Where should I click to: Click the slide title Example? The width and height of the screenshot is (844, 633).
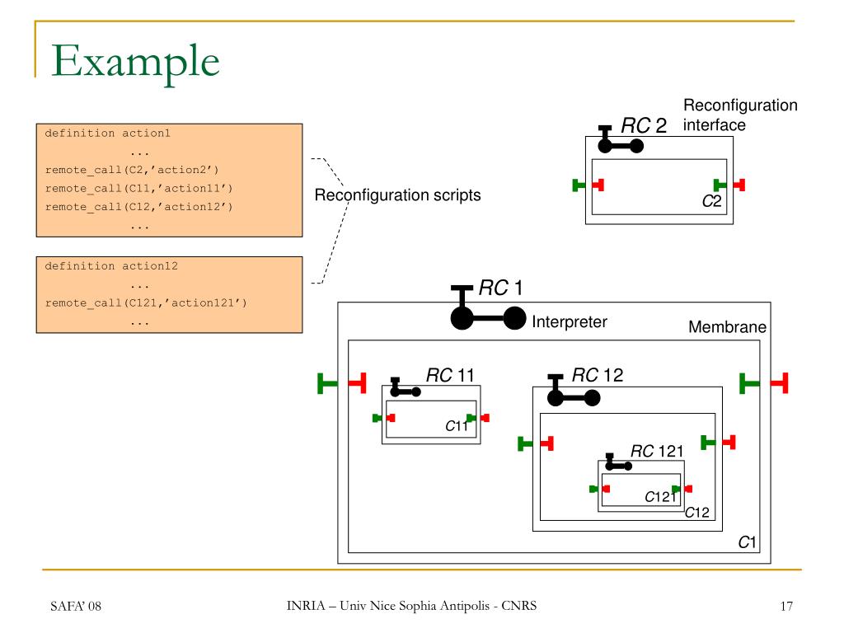pos(135,62)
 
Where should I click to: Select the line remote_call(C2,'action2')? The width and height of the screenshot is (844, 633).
pos(132,170)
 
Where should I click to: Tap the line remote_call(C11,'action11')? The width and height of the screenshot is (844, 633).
pos(138,189)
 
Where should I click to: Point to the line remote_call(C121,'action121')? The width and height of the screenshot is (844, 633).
pos(146,303)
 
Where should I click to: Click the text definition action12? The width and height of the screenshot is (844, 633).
pos(111,266)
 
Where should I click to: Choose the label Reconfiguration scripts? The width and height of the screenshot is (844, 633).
pos(397,195)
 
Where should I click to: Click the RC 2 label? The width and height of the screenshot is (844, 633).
pos(644,126)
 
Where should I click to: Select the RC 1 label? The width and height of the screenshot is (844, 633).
pos(500,288)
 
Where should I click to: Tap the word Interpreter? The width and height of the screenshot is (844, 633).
pos(569,322)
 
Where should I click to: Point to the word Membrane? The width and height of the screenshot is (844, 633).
pos(727,326)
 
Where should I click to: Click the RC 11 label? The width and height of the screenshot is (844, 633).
pos(450,375)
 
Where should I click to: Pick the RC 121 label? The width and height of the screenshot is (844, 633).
pos(657,451)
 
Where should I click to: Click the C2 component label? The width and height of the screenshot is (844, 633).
pos(711,201)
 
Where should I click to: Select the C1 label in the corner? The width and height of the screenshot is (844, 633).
pos(747,542)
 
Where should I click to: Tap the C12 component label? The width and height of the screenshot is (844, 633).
pos(697,513)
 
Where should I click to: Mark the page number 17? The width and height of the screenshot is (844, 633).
pos(785,607)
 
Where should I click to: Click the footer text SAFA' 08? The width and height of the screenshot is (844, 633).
pos(75,607)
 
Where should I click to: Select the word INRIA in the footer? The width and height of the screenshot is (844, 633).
pos(306,606)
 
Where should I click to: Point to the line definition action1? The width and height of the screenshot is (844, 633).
pos(108,133)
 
